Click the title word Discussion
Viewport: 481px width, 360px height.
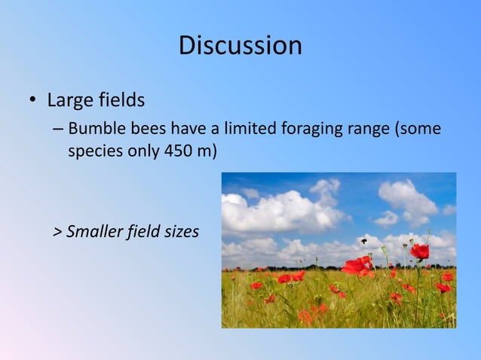[240, 46]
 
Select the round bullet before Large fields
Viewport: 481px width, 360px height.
[33, 101]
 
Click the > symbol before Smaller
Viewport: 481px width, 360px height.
[58, 231]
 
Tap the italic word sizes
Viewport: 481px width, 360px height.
[180, 231]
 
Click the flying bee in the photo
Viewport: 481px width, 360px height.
[364, 241]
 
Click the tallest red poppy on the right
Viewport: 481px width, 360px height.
[420, 251]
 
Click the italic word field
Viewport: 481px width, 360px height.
[142, 231]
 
